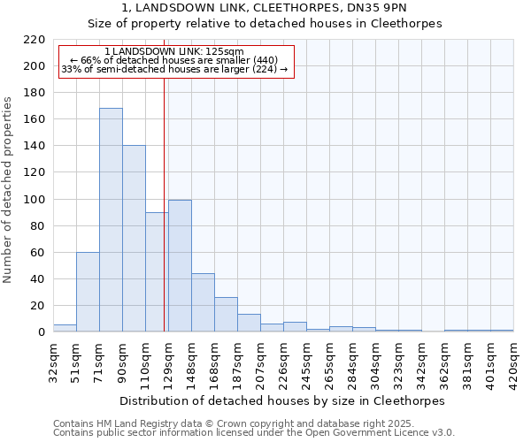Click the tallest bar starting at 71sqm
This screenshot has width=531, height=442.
pos(111,220)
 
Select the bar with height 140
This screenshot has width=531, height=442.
pos(134,239)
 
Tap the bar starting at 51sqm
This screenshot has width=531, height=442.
pos(88,292)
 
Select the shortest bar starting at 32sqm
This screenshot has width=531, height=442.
pos(65,328)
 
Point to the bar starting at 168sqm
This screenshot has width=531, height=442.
pos(226,315)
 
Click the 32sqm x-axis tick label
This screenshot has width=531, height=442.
pos(53,361)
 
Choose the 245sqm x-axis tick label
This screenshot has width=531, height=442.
pos(306,361)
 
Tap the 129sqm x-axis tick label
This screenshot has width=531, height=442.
pos(168,361)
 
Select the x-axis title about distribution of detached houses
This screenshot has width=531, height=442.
pos(283,400)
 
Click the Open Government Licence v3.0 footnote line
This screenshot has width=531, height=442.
pos(254,433)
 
